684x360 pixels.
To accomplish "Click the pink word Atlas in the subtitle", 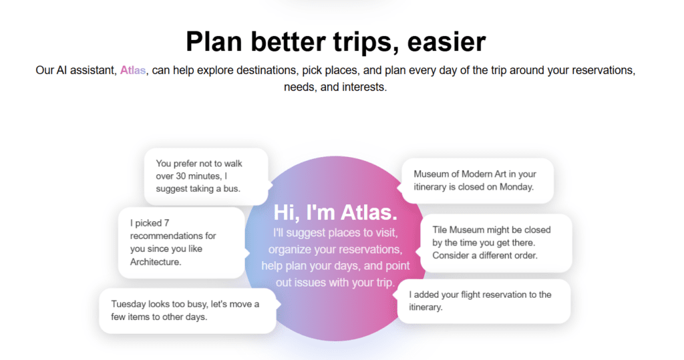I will (x=133, y=70).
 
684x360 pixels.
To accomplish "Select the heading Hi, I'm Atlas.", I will (x=335, y=213).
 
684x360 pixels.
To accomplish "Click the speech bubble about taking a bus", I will (x=206, y=176).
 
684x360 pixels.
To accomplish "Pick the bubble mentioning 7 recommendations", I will (x=181, y=242).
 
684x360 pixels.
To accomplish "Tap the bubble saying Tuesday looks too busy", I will (x=187, y=311).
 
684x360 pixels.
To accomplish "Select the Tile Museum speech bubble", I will (x=496, y=242).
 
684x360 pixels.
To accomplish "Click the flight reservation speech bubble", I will (x=484, y=301).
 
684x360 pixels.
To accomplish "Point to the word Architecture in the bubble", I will (x=156, y=262).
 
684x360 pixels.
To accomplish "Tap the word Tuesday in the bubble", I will (x=130, y=304).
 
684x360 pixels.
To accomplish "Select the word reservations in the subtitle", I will (x=598, y=70).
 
